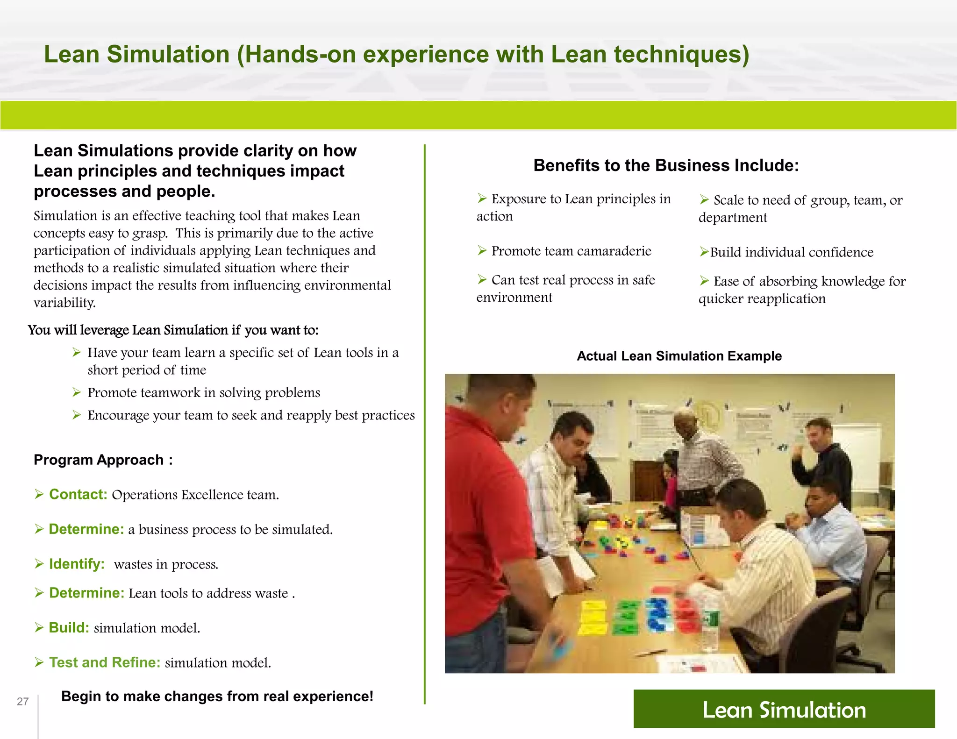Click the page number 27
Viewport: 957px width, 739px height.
(x=22, y=701)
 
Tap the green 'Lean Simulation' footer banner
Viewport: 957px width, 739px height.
(x=784, y=709)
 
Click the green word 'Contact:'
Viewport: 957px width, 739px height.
(x=78, y=494)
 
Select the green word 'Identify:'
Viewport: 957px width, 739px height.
(x=77, y=564)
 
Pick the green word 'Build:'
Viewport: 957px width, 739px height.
(x=69, y=627)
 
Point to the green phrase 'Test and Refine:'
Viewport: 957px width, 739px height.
(x=105, y=662)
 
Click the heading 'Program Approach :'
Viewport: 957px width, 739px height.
(x=103, y=460)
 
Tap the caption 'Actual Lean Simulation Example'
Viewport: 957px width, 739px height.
(x=679, y=356)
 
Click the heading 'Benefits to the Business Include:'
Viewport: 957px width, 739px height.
(x=666, y=165)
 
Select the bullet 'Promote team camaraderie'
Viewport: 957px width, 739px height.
(x=571, y=251)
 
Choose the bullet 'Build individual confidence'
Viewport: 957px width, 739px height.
(x=791, y=252)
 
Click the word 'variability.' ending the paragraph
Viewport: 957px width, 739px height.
(x=64, y=303)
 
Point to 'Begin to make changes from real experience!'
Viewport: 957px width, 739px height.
(x=217, y=696)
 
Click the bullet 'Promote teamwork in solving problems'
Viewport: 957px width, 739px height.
(x=204, y=392)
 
